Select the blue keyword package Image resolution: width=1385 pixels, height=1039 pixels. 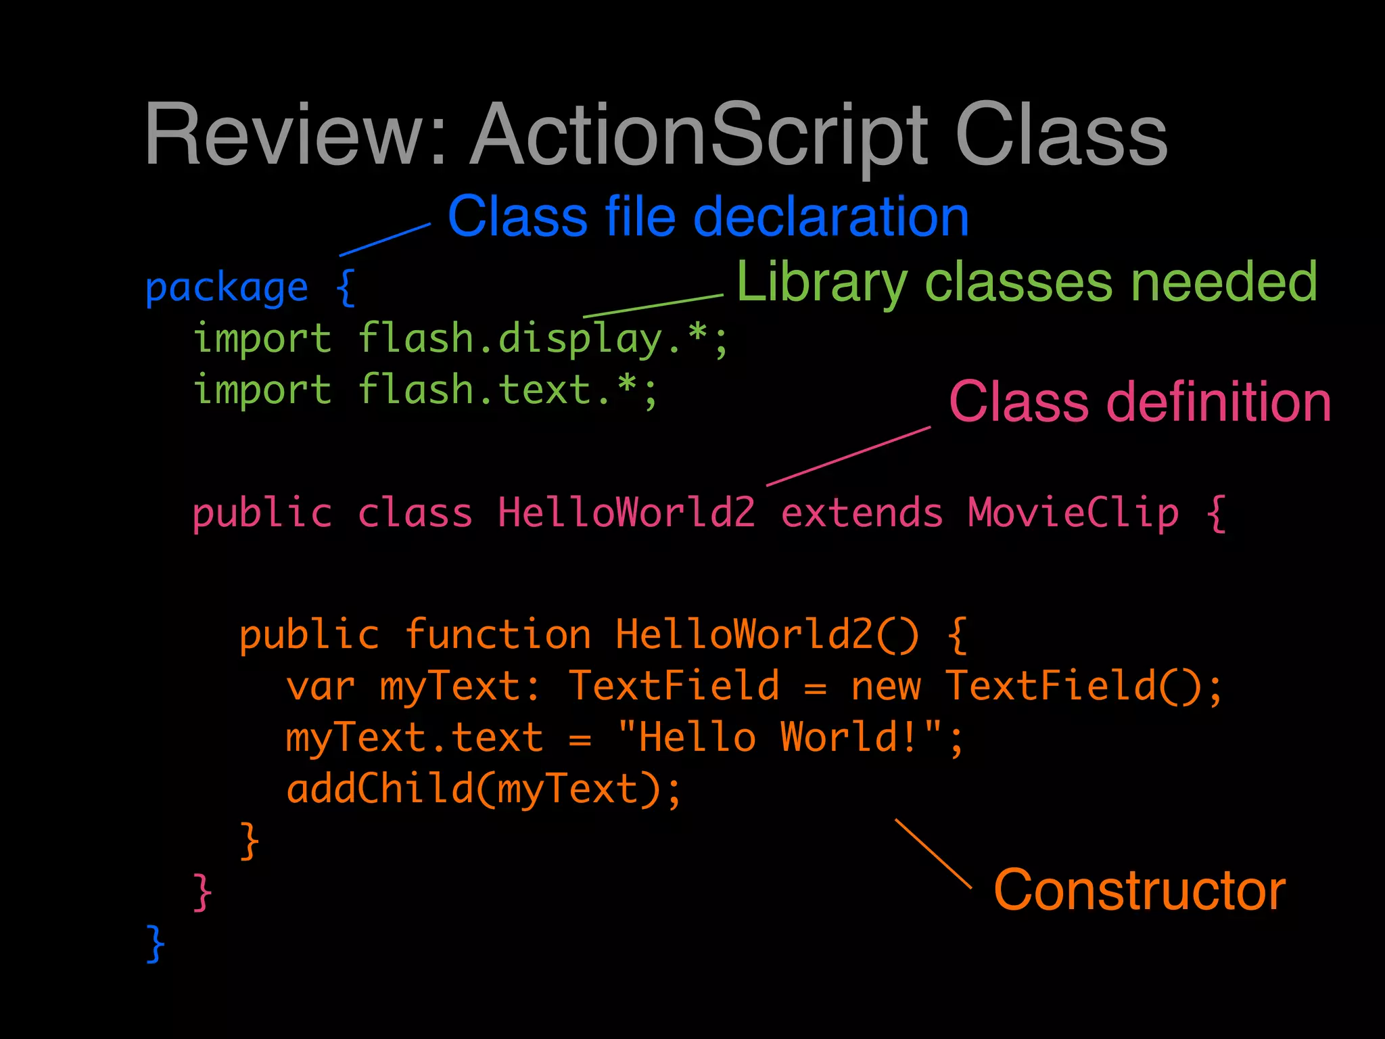pos(227,288)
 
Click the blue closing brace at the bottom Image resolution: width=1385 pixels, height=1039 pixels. pos(156,943)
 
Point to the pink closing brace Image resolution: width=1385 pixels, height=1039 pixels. pos(202,892)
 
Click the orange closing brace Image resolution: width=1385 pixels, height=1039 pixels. pos(250,841)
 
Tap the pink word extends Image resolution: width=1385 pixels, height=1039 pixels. pos(862,513)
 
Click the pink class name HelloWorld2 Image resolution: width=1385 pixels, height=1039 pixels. pos(626,513)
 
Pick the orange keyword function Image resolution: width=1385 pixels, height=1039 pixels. pos(498,634)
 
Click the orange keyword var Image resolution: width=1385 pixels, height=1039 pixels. pos(321,686)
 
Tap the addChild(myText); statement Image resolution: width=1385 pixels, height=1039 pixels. pos(483,789)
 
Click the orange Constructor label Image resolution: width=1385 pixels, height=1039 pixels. pos(1140,890)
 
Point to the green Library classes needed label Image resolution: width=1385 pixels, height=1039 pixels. pos(1026,281)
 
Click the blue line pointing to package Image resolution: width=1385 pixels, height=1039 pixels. pos(385,239)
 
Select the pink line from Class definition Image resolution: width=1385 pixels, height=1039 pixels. pos(849,456)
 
